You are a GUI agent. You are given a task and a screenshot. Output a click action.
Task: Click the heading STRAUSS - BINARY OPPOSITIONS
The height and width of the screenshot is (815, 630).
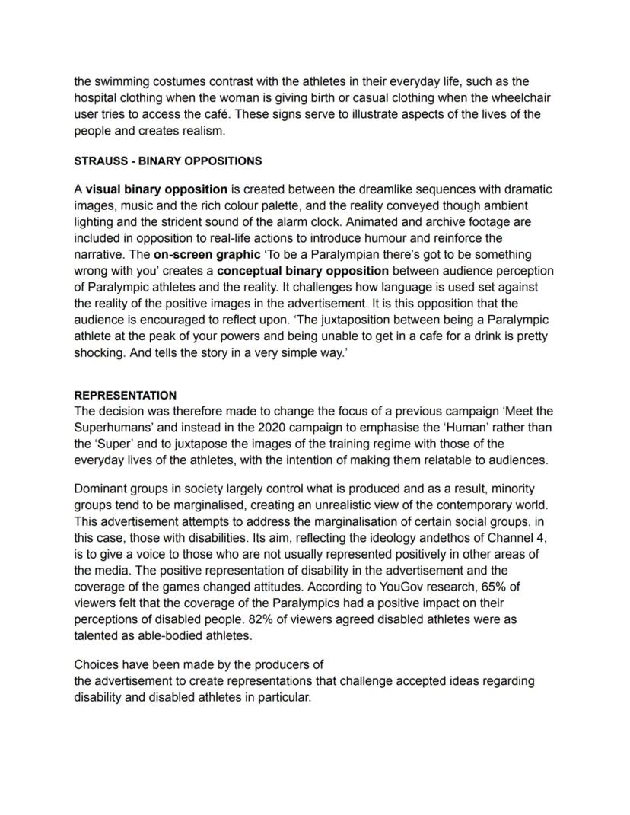tap(167, 161)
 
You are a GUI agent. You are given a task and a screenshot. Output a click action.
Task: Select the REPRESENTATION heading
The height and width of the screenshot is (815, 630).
tap(125, 395)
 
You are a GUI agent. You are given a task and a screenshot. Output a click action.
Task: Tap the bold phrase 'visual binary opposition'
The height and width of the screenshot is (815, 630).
tap(156, 189)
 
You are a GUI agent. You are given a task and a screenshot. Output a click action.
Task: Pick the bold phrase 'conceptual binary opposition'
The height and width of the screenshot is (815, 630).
tap(303, 270)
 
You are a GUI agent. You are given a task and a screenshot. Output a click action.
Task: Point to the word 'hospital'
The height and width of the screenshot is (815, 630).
tap(96, 97)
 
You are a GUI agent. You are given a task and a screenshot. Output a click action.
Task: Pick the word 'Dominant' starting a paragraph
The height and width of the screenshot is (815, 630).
tap(101, 489)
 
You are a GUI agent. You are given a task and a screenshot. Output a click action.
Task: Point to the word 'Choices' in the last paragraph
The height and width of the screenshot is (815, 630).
tap(96, 664)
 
